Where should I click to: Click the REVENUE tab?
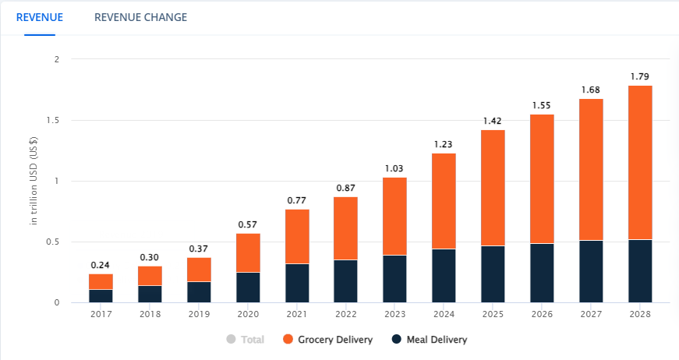coord(40,17)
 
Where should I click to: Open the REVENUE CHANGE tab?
coord(141,17)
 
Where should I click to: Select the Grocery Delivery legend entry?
coord(328,340)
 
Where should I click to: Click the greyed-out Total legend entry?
coord(245,340)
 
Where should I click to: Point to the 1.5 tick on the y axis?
coord(53,120)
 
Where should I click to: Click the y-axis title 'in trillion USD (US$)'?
coord(34,181)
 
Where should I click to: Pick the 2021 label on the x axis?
coord(297,314)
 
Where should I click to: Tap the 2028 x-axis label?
coord(640,314)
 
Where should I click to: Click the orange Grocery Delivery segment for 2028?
coord(640,163)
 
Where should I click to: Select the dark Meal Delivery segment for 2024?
coord(444,276)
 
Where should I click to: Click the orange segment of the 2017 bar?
coord(101,281)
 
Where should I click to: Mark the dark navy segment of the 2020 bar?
coord(248,288)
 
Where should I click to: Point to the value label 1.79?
coord(640,76)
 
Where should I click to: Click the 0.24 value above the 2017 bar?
coord(101,265)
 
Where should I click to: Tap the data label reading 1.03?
coord(394,168)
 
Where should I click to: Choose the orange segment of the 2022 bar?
coord(345,228)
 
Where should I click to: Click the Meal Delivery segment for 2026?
coord(542,273)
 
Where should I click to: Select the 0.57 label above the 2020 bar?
coord(248,224)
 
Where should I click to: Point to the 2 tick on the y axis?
coord(57,59)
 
